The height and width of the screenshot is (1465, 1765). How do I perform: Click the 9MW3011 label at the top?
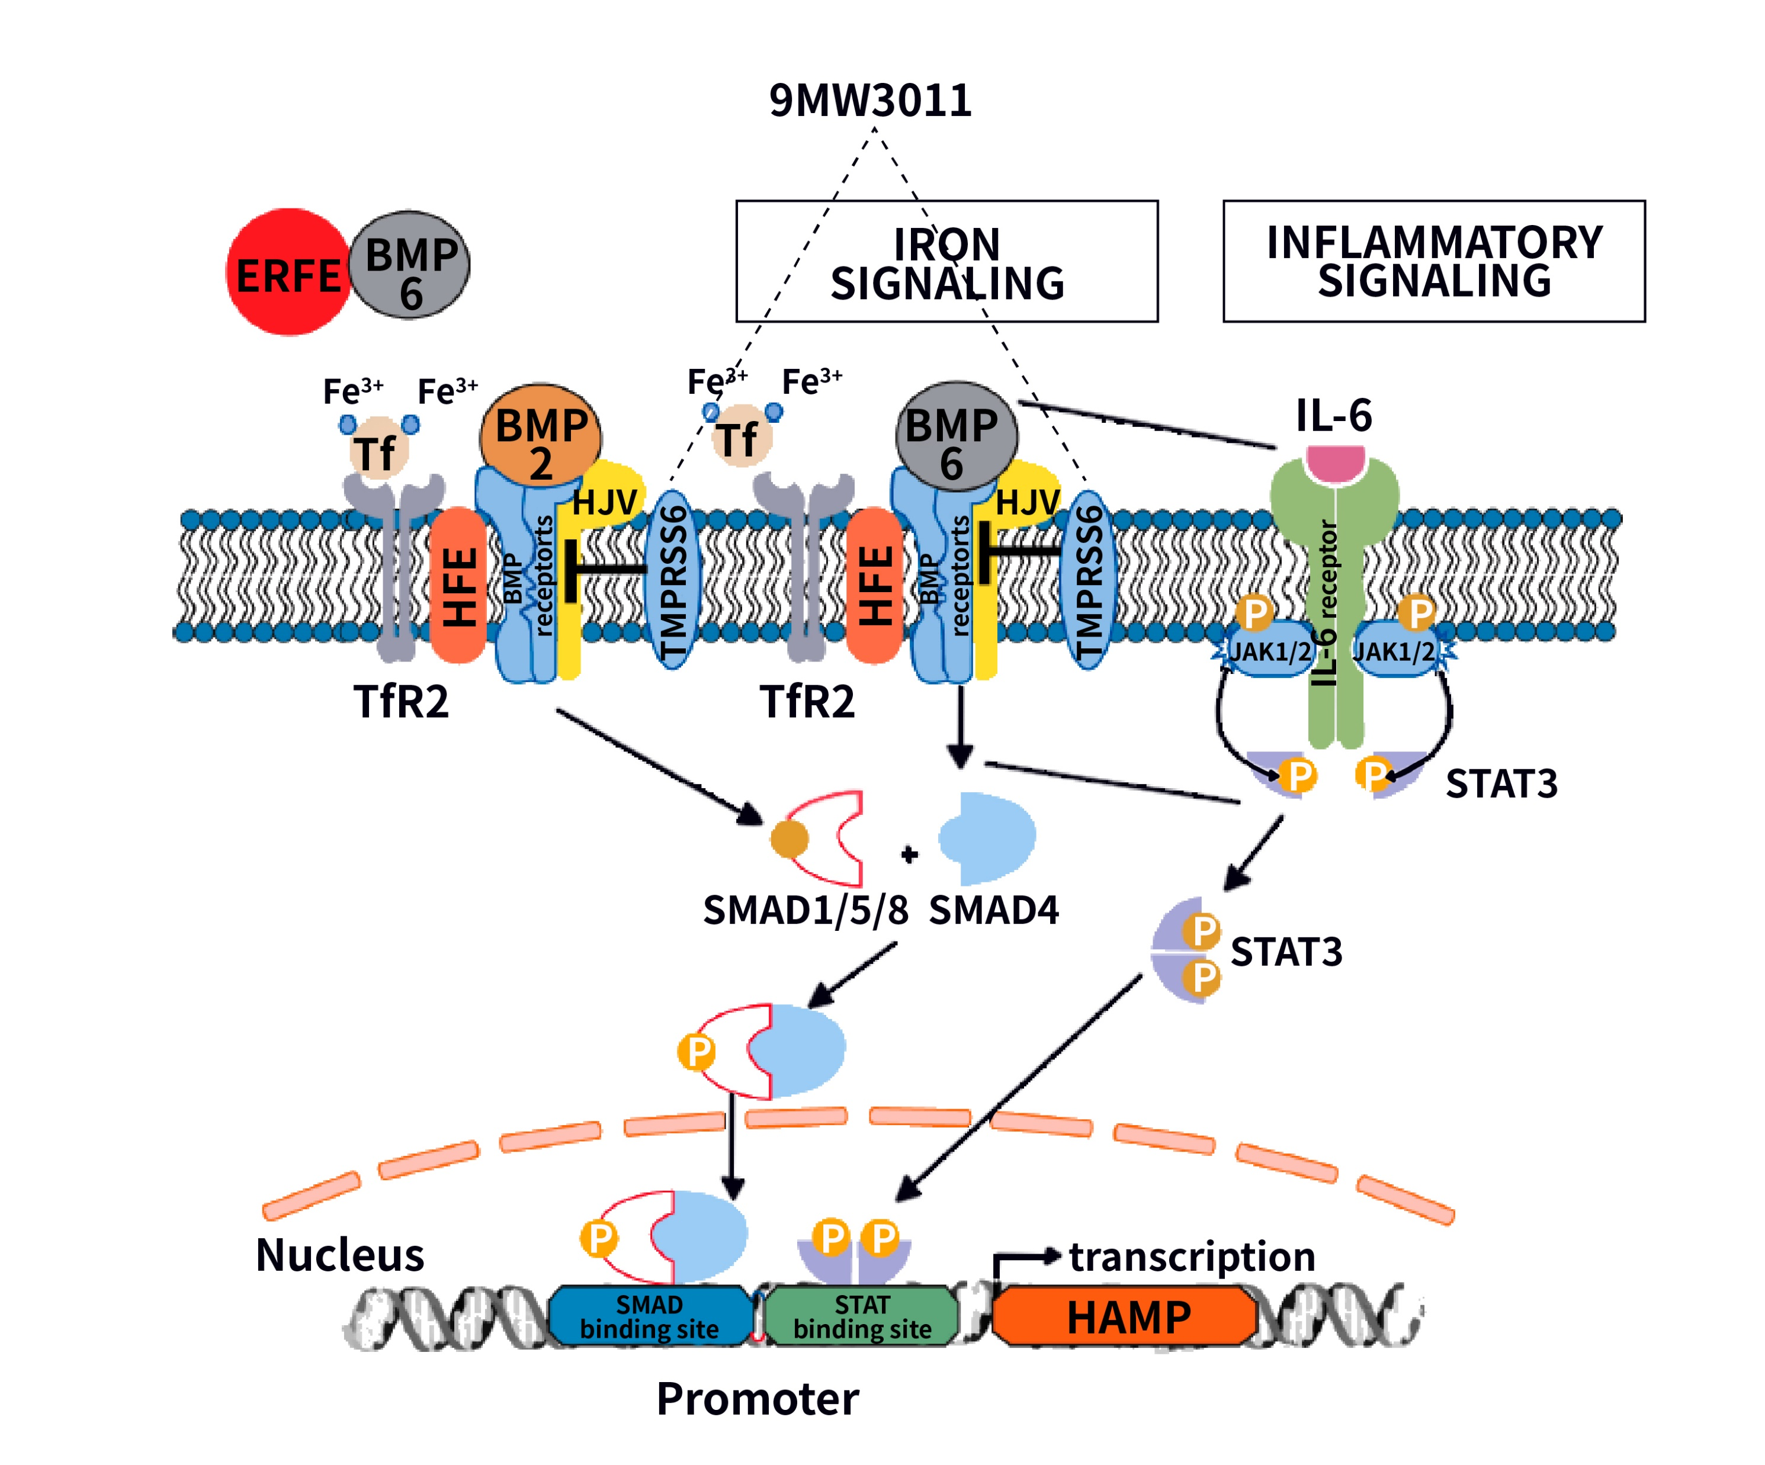(870, 101)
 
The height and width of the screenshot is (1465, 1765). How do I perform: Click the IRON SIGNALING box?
(946, 261)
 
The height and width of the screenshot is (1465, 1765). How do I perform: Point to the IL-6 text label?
(1334, 415)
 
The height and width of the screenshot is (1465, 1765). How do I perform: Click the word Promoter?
(758, 1399)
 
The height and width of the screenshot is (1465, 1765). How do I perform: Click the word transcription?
(1192, 1257)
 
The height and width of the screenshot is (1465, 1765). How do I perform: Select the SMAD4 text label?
(993, 910)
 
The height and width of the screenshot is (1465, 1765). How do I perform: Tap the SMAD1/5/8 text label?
(805, 910)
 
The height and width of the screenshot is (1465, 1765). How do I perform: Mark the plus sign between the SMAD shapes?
(909, 855)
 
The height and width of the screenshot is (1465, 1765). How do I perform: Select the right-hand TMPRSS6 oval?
(1089, 580)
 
